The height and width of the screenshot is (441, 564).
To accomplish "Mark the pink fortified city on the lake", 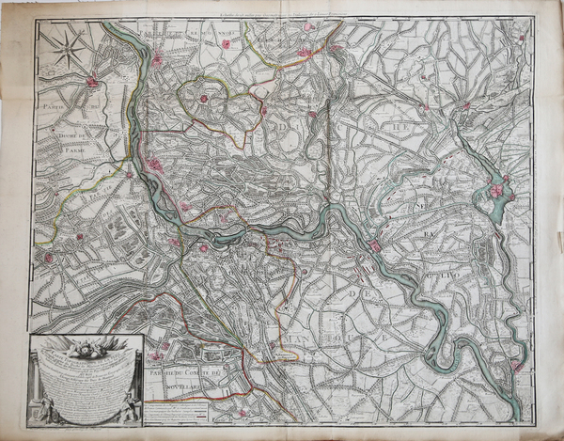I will (496, 191).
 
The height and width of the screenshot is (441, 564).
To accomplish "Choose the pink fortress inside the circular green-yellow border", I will (202, 99).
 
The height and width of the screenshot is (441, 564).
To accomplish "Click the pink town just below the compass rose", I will (92, 83).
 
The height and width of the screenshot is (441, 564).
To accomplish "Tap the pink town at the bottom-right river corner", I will (515, 365).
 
